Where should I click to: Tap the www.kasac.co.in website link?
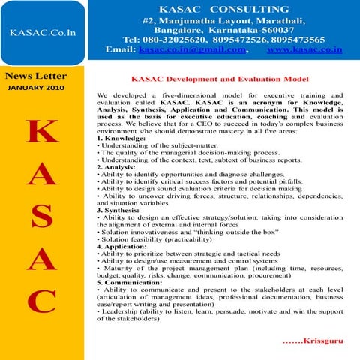tap(304, 49)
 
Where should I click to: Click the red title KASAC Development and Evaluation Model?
tap(220, 79)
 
